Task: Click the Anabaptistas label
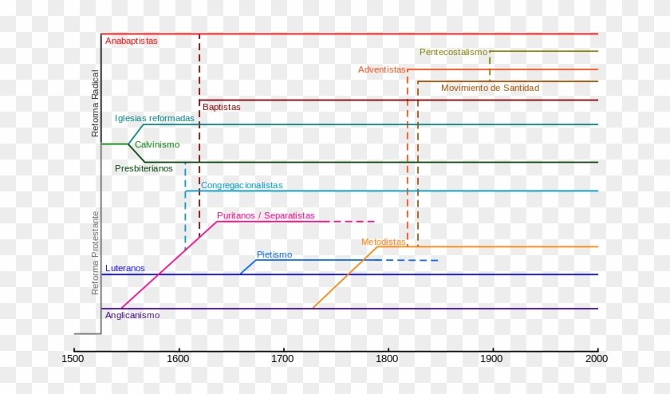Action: (x=132, y=40)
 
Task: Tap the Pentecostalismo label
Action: (x=453, y=52)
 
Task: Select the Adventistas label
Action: (x=382, y=69)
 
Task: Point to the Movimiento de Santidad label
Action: (x=490, y=88)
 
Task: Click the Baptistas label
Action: (x=221, y=107)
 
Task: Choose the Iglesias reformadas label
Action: (x=154, y=118)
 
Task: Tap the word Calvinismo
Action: (x=157, y=144)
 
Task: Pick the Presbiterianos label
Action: (x=144, y=168)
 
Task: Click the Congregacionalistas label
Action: (x=242, y=185)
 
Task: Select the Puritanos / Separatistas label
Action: (x=266, y=215)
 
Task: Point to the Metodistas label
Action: (x=383, y=242)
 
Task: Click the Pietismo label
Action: (x=274, y=254)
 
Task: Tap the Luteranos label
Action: (x=125, y=268)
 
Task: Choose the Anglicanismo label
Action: (x=132, y=315)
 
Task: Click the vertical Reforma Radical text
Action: (x=96, y=103)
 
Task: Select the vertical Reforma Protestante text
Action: (x=96, y=253)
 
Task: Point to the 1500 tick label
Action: (x=73, y=359)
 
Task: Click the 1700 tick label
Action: (x=282, y=359)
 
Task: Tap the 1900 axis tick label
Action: (x=492, y=359)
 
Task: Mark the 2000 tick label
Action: (x=597, y=359)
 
